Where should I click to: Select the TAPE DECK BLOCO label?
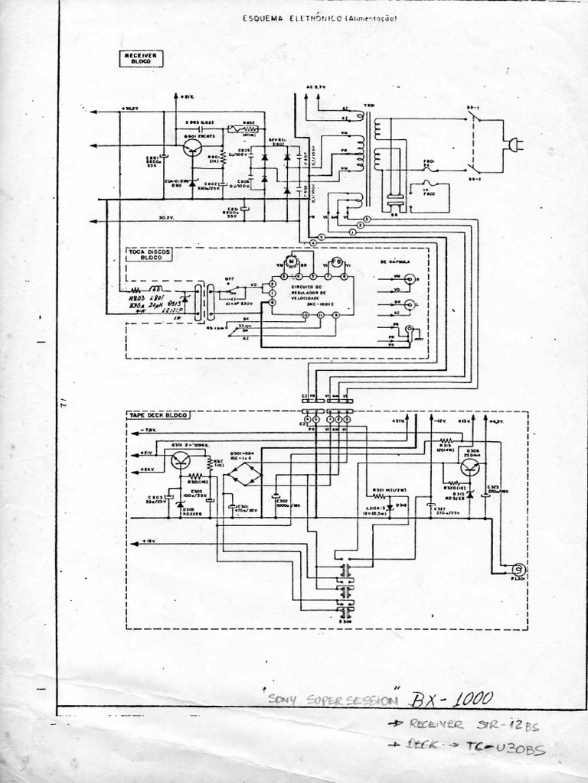(158, 414)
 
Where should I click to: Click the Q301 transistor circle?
(181, 460)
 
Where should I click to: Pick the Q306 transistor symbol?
(470, 466)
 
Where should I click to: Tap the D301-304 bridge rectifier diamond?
(246, 474)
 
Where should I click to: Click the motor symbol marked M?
(291, 262)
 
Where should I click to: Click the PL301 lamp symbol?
(517, 569)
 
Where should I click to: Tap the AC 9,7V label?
(315, 88)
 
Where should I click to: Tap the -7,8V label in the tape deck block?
(148, 430)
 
